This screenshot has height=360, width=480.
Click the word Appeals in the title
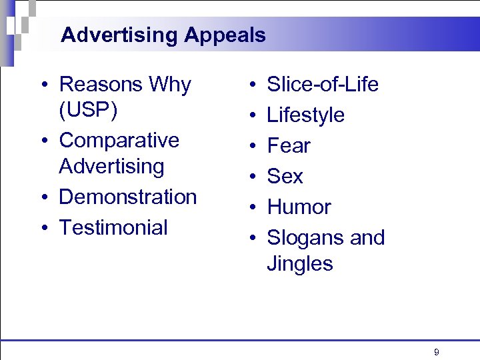tap(225, 35)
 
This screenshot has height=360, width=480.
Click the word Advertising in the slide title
tap(119, 35)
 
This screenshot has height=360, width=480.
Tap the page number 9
tap(436, 352)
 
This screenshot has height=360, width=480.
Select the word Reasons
tap(101, 85)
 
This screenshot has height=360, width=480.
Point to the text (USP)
tap(89, 110)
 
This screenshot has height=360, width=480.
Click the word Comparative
tap(119, 141)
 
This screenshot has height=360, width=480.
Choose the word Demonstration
tap(128, 197)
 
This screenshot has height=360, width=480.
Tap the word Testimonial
tap(113, 227)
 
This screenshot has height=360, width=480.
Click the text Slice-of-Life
tap(323, 85)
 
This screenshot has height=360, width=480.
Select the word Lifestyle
tap(305, 115)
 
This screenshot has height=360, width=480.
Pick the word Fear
tap(289, 146)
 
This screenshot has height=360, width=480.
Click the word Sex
tap(285, 177)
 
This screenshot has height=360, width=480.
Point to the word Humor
tap(299, 207)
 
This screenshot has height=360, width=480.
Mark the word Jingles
tap(300, 263)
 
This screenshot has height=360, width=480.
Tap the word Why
tap(170, 85)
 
